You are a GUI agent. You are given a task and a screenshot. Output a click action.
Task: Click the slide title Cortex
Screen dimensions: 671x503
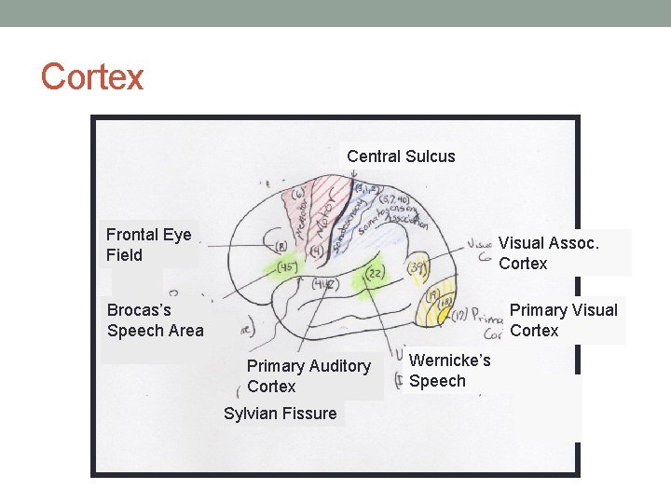click(x=92, y=76)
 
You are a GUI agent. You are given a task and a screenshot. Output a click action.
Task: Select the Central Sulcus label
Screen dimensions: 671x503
click(x=401, y=156)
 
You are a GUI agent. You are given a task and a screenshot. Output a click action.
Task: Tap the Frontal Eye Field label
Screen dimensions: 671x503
click(x=148, y=245)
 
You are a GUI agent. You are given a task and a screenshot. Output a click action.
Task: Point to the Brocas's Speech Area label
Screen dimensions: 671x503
click(x=155, y=319)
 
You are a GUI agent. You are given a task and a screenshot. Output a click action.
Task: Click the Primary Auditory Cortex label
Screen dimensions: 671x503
click(x=308, y=376)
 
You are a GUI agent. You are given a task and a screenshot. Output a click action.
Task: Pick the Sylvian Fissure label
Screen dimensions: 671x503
click(x=281, y=414)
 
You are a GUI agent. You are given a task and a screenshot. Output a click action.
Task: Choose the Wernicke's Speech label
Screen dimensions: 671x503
click(x=449, y=371)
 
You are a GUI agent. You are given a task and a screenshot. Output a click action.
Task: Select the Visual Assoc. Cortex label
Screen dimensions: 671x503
click(x=548, y=253)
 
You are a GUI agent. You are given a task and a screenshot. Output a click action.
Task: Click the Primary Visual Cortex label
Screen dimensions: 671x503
click(x=563, y=320)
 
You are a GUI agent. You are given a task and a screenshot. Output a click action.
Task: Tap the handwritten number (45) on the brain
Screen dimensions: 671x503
click(x=286, y=267)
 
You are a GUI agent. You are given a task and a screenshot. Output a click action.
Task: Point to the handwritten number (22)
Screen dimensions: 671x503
click(x=375, y=274)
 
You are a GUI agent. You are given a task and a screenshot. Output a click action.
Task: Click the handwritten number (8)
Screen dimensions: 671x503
click(x=281, y=246)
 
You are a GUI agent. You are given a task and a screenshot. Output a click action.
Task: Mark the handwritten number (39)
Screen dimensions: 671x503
click(x=418, y=269)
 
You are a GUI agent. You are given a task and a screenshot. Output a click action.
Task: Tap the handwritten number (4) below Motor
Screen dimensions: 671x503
click(x=317, y=251)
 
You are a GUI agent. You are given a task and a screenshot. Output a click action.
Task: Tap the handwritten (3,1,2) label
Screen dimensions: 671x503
click(x=364, y=191)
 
